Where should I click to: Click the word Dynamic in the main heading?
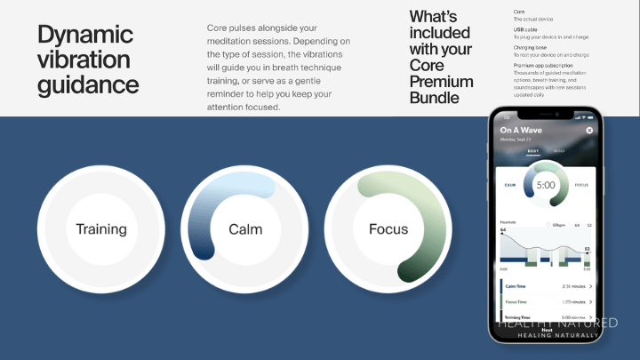[x=85, y=36]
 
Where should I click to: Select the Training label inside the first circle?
[x=101, y=229]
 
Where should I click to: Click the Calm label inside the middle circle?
[x=245, y=229]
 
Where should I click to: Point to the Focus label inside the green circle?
[x=388, y=229]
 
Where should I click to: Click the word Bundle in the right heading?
[x=435, y=98]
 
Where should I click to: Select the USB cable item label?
[x=525, y=29]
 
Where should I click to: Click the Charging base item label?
[x=531, y=47]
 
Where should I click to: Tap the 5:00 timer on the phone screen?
[x=545, y=185]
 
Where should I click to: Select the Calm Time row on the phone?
[x=543, y=286]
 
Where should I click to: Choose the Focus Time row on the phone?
[x=543, y=302]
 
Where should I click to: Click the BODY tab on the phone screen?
[x=533, y=151]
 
